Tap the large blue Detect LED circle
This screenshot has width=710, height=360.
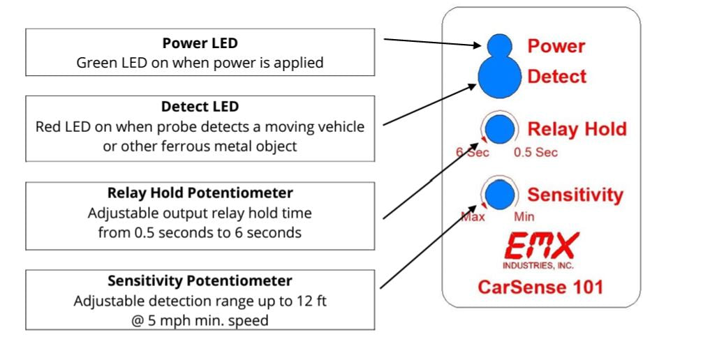tap(499, 77)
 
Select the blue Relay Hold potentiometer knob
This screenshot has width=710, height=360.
tap(499, 129)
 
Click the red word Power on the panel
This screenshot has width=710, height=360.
tap(556, 46)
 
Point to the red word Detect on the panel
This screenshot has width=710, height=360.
tap(556, 76)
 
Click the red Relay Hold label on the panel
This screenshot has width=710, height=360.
tap(577, 129)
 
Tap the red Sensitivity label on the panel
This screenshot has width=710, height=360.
tap(575, 194)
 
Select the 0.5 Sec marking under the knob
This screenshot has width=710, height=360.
tap(535, 153)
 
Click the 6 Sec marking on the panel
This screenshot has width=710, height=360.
tap(473, 153)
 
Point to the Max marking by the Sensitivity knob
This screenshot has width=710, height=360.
tap(473, 216)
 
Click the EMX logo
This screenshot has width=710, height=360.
tap(540, 245)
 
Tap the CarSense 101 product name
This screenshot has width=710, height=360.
tap(540, 286)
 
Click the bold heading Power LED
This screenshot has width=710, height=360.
tap(200, 43)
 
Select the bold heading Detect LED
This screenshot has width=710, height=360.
tap(200, 107)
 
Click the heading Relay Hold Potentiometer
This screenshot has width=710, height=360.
tap(200, 193)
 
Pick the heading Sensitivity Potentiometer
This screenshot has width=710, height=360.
tap(200, 280)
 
